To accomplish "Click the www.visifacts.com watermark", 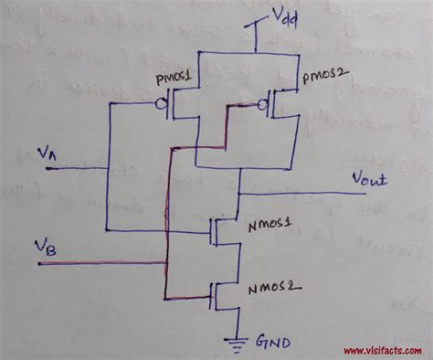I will coord(384,350).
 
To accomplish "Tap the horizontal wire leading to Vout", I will coord(301,194).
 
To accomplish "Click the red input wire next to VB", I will coord(100,264).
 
